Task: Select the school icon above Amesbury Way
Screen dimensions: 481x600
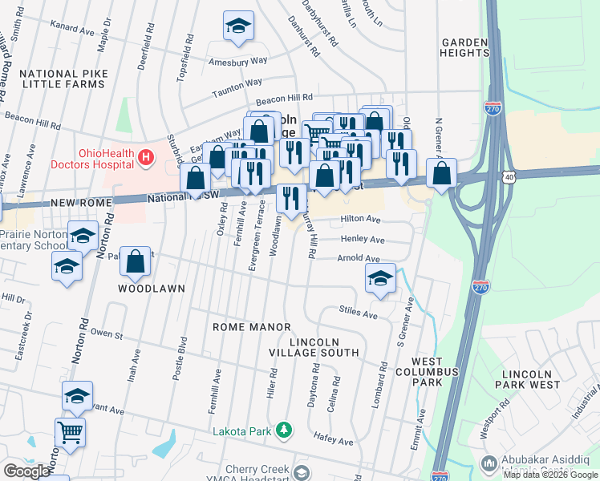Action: tap(238, 27)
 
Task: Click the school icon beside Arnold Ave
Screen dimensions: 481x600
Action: tap(379, 278)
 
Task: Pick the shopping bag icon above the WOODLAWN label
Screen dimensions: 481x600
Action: tap(136, 261)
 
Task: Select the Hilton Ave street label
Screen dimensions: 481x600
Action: tap(360, 219)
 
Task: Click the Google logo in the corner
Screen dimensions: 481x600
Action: tap(26, 471)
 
